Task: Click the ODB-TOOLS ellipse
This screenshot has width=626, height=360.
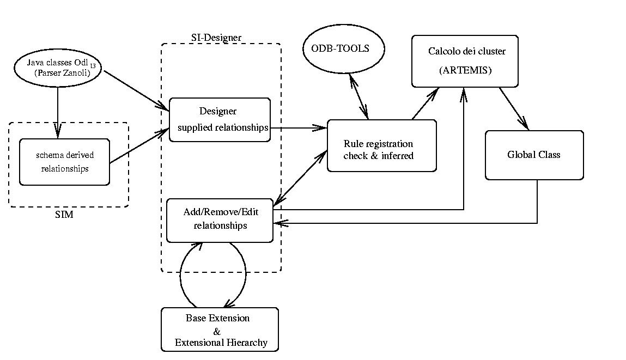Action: pos(343,48)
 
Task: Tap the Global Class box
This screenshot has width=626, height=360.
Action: pos(534,155)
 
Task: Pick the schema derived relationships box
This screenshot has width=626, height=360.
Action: pos(64,162)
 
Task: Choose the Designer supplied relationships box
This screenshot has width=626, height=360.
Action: pos(219,119)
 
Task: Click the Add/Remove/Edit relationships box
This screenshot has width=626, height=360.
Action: pos(220,219)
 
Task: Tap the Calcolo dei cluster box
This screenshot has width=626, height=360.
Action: pos(465,60)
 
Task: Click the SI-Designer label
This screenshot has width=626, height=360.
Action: pos(216,38)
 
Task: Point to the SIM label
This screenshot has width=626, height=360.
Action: pos(64,215)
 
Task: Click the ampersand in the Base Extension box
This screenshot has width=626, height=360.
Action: pos(216,331)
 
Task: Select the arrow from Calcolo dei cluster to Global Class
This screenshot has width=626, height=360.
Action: pos(514,108)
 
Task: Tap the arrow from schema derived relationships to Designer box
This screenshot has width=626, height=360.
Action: pos(139,146)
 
